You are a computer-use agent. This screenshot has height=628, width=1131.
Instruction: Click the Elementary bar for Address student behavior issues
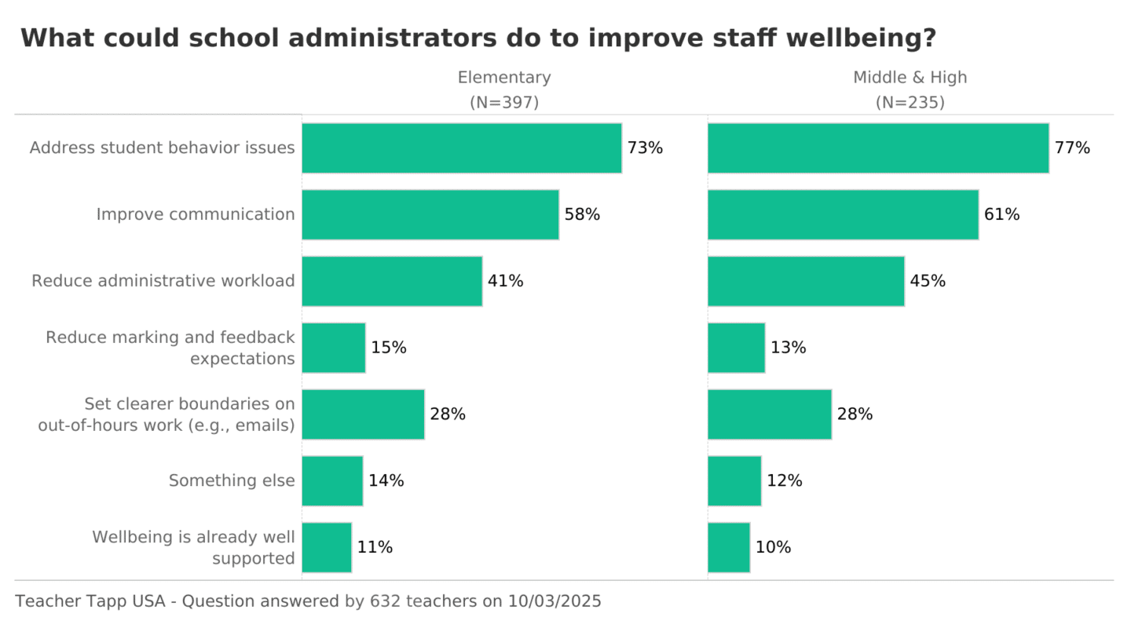tap(461, 148)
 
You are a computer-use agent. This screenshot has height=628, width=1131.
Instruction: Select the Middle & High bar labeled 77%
tap(877, 148)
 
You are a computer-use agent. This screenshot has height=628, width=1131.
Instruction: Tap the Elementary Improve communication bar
tap(430, 214)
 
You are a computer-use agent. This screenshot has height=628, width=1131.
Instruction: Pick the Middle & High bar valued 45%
tap(805, 281)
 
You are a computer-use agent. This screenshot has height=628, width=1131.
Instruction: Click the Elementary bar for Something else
tap(332, 480)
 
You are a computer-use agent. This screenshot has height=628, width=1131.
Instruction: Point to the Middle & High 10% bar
tap(728, 547)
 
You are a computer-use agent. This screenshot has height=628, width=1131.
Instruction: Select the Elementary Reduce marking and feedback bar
tap(333, 348)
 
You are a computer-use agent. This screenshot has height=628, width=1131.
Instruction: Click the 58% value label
tap(582, 214)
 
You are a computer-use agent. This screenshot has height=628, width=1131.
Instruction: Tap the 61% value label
tap(1001, 214)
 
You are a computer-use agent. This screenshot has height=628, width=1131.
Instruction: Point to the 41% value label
tap(505, 281)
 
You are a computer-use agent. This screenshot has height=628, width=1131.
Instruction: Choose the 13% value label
tap(788, 348)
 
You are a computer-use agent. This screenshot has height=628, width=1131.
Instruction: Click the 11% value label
tap(375, 547)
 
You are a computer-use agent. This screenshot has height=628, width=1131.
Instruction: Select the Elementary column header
tap(504, 78)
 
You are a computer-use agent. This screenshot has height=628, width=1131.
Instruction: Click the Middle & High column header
tap(910, 78)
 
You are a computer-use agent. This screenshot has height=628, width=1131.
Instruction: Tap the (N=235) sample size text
tap(910, 103)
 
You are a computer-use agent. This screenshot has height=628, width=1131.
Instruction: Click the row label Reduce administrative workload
tap(163, 281)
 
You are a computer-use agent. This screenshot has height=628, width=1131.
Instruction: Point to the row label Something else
tap(232, 480)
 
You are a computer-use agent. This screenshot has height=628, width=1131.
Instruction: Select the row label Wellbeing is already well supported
tap(193, 547)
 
